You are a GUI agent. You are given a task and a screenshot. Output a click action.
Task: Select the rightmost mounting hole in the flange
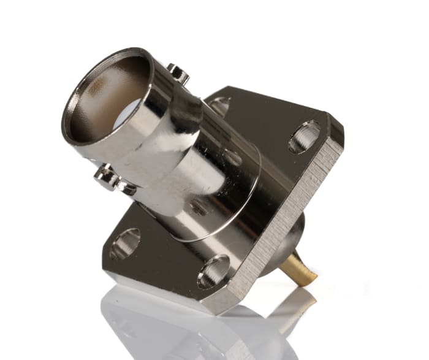pyautogui.click(x=305, y=136)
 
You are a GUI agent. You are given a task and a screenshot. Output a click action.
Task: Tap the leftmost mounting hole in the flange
pyautogui.click(x=126, y=243)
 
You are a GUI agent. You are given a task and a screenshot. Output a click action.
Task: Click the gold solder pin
pyautogui.click(x=300, y=267)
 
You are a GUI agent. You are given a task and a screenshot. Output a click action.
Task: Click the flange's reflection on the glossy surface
pyautogui.click(x=184, y=325)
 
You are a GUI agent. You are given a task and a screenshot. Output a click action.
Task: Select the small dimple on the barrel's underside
pyautogui.click(x=199, y=208)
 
